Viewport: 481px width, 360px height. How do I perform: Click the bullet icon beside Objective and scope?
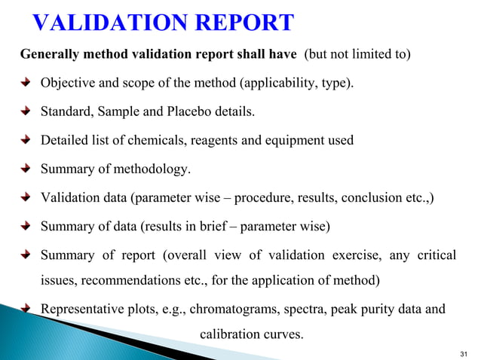click(x=27, y=84)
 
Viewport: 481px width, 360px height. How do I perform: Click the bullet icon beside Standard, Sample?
click(x=27, y=112)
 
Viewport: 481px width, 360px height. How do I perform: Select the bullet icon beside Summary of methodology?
click(x=27, y=169)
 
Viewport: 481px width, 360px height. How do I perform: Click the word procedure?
click(x=261, y=198)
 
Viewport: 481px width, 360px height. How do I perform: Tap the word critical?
click(x=435, y=255)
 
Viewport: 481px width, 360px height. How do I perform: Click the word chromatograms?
click(x=233, y=310)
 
